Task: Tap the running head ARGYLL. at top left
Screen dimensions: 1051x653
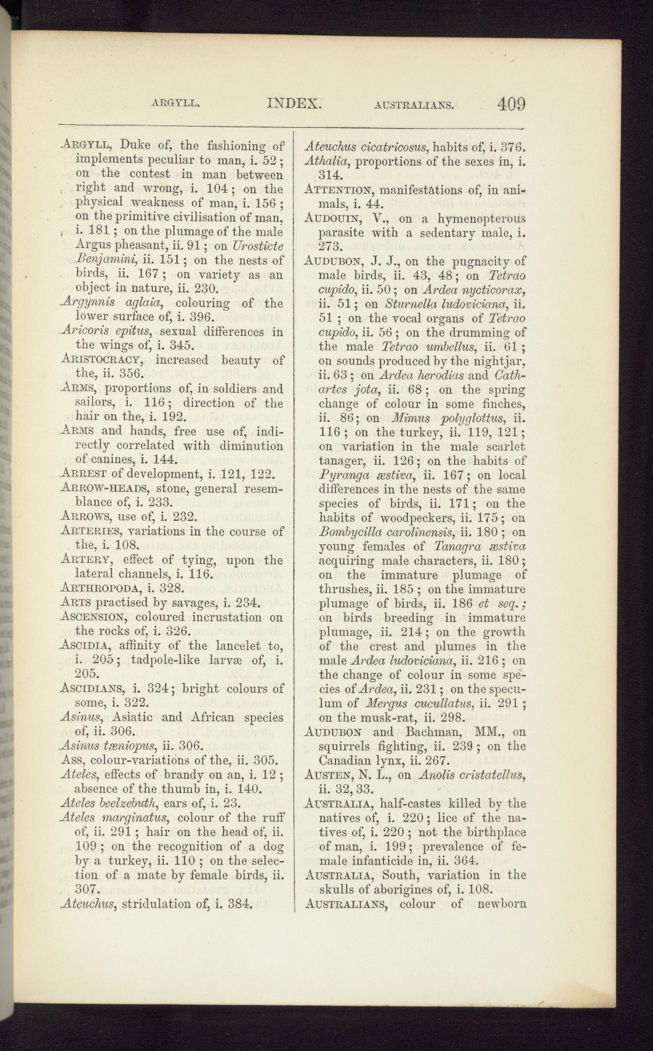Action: coord(176,105)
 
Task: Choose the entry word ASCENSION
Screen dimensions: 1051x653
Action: coord(95,617)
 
